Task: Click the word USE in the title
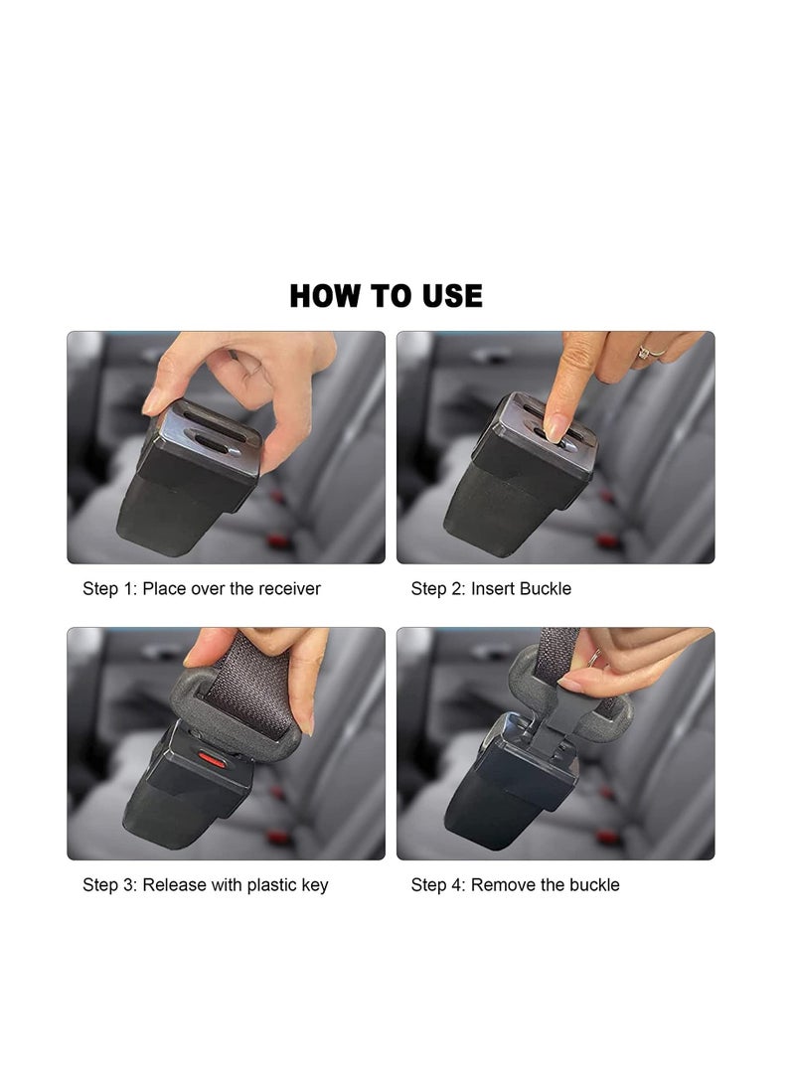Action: (450, 296)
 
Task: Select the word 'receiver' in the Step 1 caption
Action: (289, 589)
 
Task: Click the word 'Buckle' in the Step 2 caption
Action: (543, 589)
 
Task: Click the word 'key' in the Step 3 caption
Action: (313, 885)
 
